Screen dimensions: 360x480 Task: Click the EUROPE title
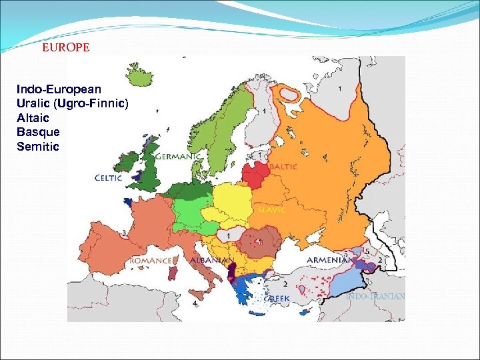[65, 49]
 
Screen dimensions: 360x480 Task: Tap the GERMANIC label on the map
[178, 156]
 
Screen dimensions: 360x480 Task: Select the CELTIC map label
[108, 178]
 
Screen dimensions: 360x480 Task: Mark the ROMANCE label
[151, 259]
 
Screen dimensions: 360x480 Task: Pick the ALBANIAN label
[211, 259]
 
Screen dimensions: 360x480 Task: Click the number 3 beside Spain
[124, 233]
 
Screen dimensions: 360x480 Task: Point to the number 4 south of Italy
[195, 303]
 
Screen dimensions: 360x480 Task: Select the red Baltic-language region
[255, 176]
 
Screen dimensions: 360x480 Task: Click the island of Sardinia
[173, 275]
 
